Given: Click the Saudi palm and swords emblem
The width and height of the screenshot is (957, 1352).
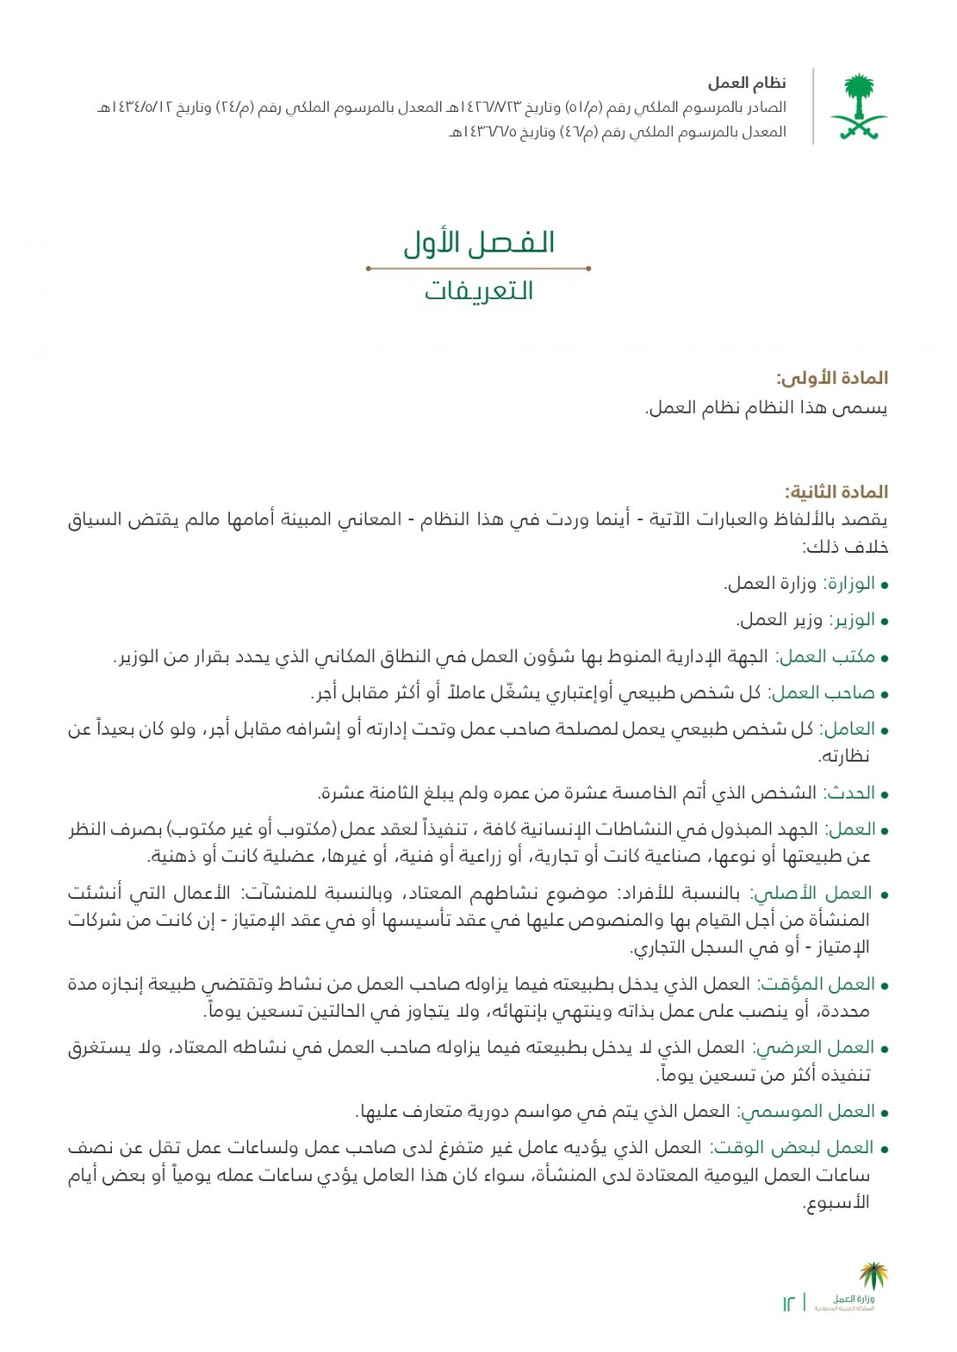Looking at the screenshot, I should (x=858, y=107).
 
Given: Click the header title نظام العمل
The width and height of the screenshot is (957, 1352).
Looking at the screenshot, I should (x=747, y=84).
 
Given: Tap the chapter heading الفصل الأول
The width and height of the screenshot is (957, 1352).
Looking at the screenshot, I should (x=479, y=243).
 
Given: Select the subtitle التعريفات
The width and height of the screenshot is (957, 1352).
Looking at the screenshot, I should (x=479, y=290).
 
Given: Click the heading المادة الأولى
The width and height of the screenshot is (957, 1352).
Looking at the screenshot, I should (x=832, y=378).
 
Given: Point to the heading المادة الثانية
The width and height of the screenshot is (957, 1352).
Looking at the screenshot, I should (x=836, y=492).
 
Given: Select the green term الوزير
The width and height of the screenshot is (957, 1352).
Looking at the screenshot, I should (x=851, y=620).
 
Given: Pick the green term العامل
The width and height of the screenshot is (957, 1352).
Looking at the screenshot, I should (x=850, y=729).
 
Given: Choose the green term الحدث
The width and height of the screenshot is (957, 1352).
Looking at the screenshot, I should (x=851, y=793).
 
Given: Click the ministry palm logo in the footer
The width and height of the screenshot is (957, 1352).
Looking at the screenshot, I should (x=872, y=1276).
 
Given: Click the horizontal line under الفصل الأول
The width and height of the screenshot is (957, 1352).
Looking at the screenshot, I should (x=478, y=268).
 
